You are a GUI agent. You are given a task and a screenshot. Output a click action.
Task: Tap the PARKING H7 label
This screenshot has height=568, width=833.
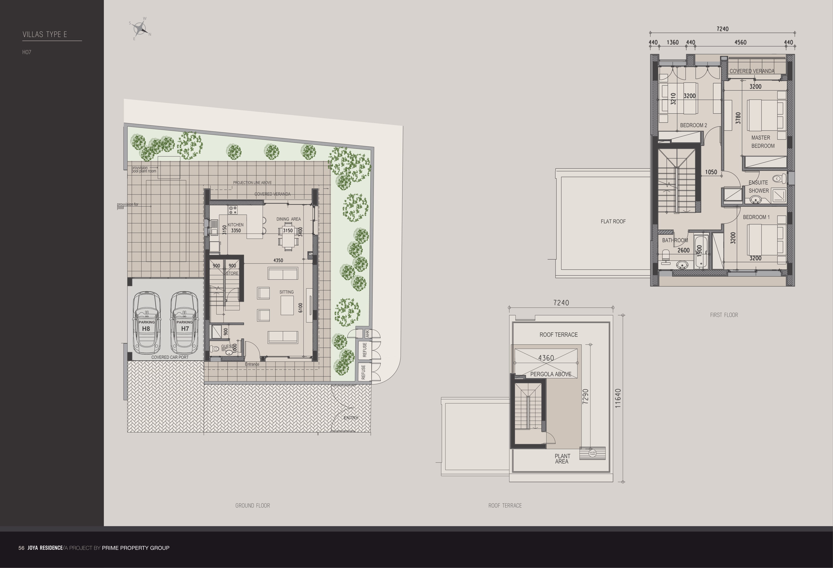tap(185, 325)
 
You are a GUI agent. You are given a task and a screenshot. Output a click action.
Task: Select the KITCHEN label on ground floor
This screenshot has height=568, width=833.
tap(236, 225)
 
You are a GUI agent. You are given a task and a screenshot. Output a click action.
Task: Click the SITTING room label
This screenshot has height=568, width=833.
tap(286, 292)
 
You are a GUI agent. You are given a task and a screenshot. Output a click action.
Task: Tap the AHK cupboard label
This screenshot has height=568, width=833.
tap(367, 334)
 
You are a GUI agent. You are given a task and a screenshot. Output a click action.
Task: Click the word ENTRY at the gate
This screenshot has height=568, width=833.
tap(351, 418)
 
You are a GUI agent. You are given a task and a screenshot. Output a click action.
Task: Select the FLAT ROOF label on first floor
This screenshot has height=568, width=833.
tap(613, 221)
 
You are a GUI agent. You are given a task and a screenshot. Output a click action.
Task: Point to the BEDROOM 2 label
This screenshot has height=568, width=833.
tap(694, 125)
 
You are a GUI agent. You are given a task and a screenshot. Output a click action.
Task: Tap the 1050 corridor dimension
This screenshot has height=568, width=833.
tap(711, 172)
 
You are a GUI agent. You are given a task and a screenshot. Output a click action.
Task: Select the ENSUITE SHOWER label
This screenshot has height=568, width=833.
tap(758, 186)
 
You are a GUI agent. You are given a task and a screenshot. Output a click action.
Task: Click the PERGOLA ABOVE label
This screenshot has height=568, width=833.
tap(551, 374)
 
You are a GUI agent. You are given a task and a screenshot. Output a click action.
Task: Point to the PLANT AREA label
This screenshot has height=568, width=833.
tap(562, 459)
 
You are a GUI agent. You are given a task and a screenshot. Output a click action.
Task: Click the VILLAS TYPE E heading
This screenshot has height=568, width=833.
tap(45, 34)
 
